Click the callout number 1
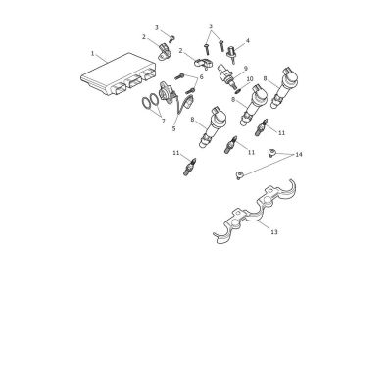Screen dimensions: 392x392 pos(92,53)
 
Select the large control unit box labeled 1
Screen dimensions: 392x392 pos(118,74)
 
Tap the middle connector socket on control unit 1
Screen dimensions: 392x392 pos(134,81)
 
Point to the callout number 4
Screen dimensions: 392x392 pos(247,41)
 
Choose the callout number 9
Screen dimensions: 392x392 pos(246,68)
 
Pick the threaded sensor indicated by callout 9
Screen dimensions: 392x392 pos(226,77)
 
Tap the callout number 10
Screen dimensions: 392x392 pos(250,79)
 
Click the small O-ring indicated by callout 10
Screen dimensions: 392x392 pos(239,88)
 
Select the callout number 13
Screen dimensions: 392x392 pos(274,232)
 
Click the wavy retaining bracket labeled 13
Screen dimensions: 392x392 pos(255,213)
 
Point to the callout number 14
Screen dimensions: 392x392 pos(299,155)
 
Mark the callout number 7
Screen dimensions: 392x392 pos(163,121)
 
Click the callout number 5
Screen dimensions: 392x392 pos(173,129)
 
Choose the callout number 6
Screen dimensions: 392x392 pos(201,77)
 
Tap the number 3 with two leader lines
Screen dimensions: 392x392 pos(211,25)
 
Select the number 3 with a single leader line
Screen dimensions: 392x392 pos(157,27)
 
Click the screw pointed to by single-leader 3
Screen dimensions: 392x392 pos(171,39)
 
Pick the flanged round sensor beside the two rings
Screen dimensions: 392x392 pos(168,93)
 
